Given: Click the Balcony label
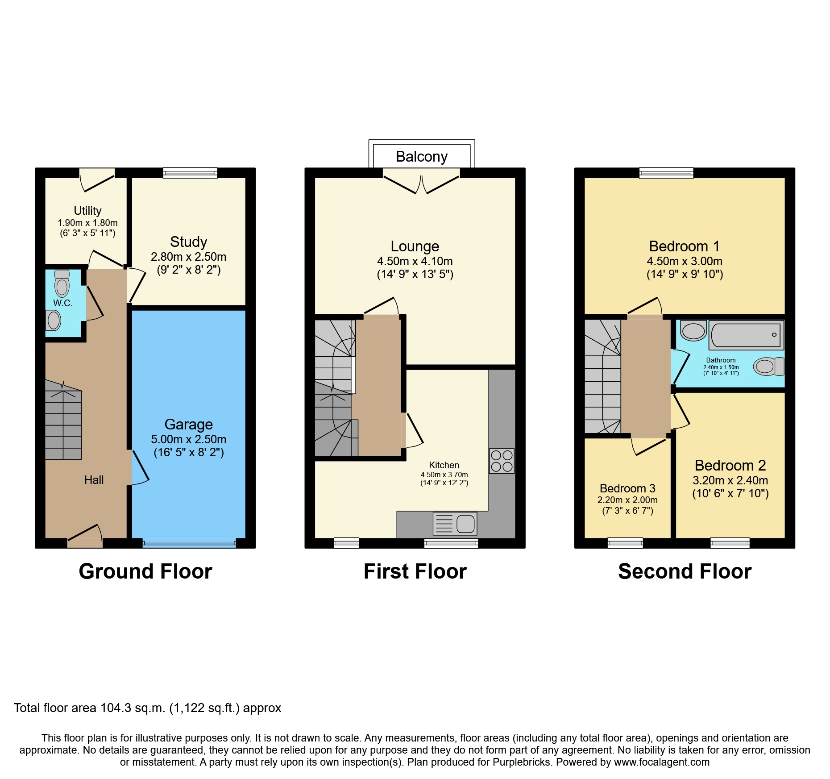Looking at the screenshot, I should point(421,157).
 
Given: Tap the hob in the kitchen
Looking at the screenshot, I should point(502,461).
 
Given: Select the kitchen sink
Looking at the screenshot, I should point(455,523).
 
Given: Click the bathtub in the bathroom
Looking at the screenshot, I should point(746,335).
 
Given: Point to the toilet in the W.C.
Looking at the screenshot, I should point(62,283).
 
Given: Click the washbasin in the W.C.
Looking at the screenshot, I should point(54,320).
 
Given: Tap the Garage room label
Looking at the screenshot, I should point(188,424).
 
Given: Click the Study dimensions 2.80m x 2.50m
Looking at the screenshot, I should point(188,257).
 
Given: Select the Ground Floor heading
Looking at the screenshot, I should point(145,571).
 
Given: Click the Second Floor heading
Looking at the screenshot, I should point(685,571).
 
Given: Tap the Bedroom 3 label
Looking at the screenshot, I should point(627,488).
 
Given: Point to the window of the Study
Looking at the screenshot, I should point(190,173).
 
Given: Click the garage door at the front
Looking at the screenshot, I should point(189,544).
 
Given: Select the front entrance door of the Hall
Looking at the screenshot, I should point(85,542).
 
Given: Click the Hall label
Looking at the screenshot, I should point(94,480).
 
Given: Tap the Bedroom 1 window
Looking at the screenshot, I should point(666,173).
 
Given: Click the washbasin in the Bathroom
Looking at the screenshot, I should point(693,331).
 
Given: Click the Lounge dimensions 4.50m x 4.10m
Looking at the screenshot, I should point(415,261).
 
